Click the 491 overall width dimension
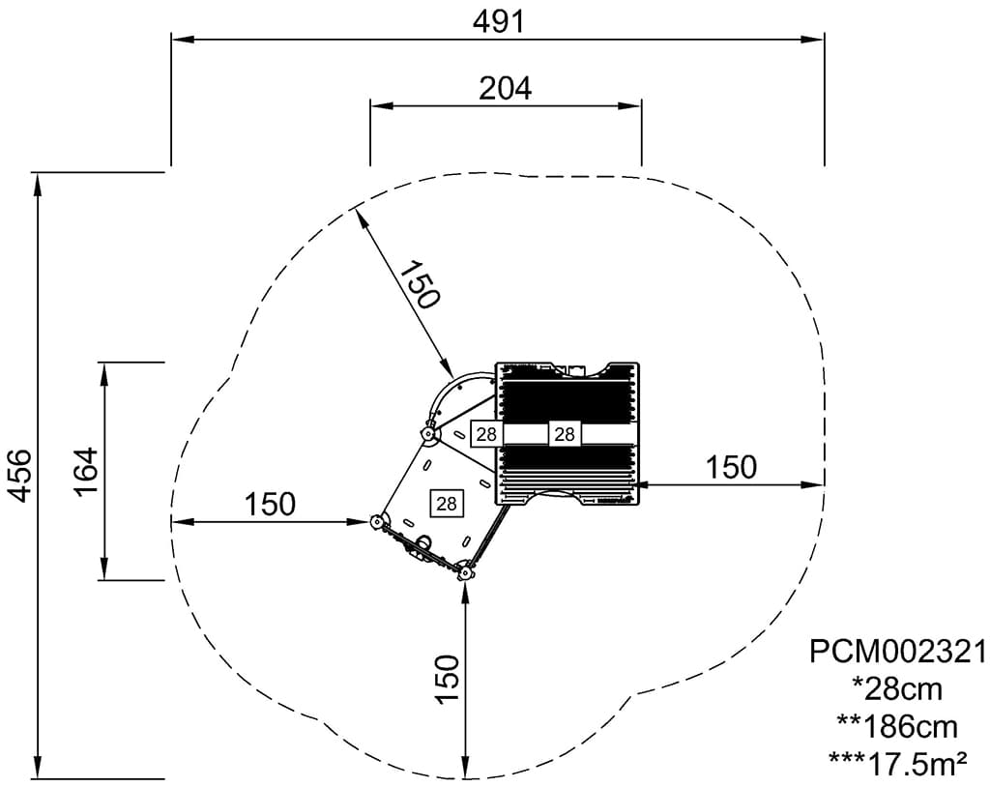pos(499,21)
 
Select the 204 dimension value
pos(506,88)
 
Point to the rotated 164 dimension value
pos(87,471)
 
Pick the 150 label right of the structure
pos(731,467)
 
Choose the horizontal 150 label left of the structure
pos(270,504)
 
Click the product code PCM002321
pos(898,652)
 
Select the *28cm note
pos(897,689)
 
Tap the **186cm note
pos(897,726)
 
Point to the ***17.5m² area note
pos(898,764)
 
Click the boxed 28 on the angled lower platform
pos(447,503)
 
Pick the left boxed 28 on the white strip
pos(486,434)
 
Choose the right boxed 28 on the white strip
pos(565,434)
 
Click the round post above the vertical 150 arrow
pos(466,573)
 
